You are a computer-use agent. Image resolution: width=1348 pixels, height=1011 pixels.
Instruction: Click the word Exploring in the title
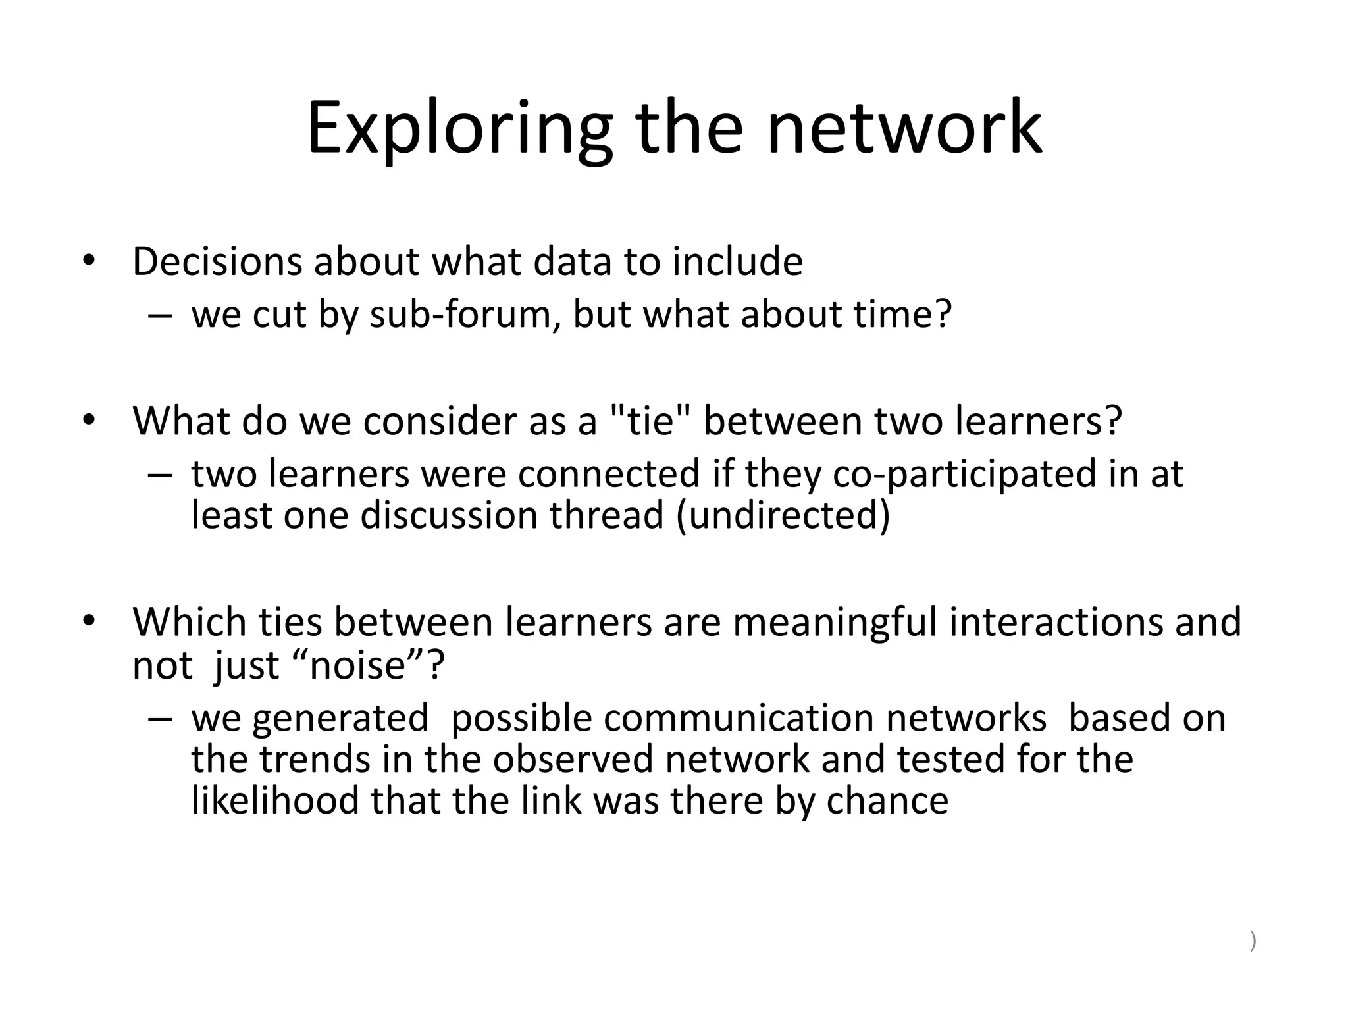pyautogui.click(x=459, y=128)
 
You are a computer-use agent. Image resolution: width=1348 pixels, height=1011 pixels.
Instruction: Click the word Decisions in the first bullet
pyautogui.click(x=217, y=261)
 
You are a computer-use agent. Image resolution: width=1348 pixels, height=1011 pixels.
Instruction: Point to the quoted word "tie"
pyautogui.click(x=651, y=421)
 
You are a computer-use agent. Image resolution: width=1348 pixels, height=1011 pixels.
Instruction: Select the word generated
pyautogui.click(x=340, y=718)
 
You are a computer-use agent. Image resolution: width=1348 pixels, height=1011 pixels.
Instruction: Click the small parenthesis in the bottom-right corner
pyautogui.click(x=1253, y=942)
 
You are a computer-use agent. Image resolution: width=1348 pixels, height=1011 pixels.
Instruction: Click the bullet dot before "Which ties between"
pyautogui.click(x=89, y=620)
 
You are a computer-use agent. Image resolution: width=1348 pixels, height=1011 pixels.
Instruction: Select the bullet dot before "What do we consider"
pyautogui.click(x=89, y=419)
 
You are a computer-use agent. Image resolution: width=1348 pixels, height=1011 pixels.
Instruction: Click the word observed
pyautogui.click(x=573, y=760)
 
